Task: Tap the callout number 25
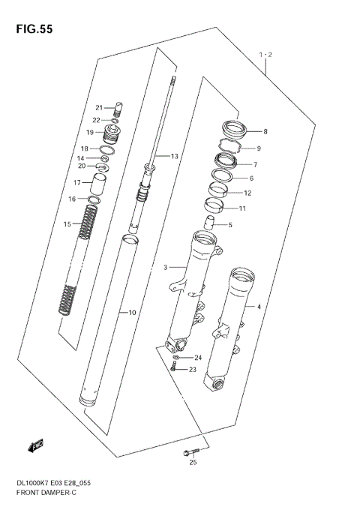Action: pos(193,483)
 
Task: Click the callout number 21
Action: pos(97,106)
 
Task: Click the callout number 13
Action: pos(174,157)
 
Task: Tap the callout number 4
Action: pos(259,307)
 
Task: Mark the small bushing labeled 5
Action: pos(213,222)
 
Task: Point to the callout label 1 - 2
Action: pos(265,55)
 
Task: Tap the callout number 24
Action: pos(199,357)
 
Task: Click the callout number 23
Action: pos(193,369)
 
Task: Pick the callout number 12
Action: pos(247,193)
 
